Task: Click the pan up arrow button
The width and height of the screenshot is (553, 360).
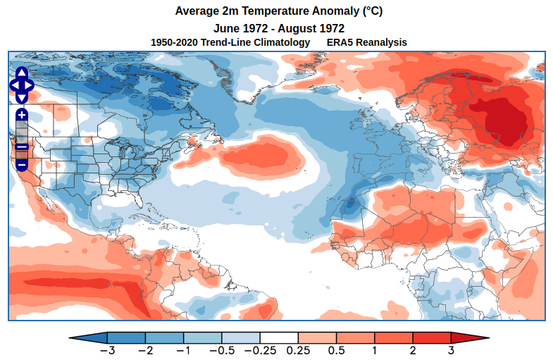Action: pyautogui.click(x=21, y=73)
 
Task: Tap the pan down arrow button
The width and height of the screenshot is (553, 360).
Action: pyautogui.click(x=21, y=97)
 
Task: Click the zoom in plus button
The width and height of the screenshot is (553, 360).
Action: pyautogui.click(x=21, y=114)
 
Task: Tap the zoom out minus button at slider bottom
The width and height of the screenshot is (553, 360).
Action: pyautogui.click(x=21, y=164)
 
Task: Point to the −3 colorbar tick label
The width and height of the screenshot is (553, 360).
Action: pyautogui.click(x=107, y=350)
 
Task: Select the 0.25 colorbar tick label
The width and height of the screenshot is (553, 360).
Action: pyautogui.click(x=299, y=350)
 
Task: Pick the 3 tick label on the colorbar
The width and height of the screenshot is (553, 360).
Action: pyautogui.click(x=451, y=350)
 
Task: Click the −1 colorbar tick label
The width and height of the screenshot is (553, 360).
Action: pyautogui.click(x=183, y=350)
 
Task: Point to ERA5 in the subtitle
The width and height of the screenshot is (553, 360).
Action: pyautogui.click(x=341, y=42)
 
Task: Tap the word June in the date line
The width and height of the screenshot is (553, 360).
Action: pyautogui.click(x=228, y=28)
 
